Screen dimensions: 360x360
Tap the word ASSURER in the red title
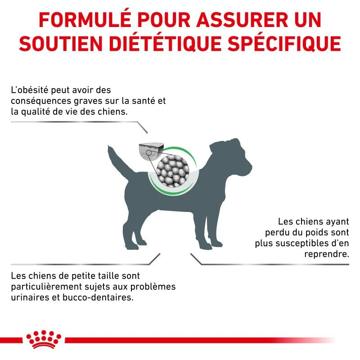[242, 20]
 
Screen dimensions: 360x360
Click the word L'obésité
[30, 90]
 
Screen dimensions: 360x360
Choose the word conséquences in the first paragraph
[41, 101]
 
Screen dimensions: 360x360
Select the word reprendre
[327, 254]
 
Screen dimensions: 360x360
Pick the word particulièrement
[47, 287]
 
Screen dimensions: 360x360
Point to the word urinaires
[30, 298]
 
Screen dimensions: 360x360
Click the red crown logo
[44, 339]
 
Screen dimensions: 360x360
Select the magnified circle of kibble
[173, 171]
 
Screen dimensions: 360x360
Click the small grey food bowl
[151, 152]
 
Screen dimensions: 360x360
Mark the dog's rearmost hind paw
[131, 247]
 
